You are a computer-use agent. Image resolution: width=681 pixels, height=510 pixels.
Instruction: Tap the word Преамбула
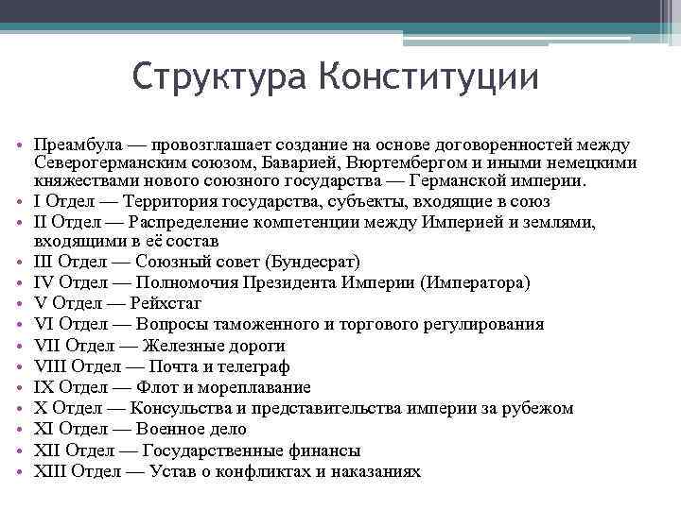[74, 145]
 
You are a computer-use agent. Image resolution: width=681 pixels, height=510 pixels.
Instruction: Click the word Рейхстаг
[172, 303]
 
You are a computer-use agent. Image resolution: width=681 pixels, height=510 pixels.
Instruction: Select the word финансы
[326, 450]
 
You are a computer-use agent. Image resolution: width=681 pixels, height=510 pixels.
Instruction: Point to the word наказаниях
[375, 471]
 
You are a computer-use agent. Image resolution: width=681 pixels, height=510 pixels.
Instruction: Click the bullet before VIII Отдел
[20, 366]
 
